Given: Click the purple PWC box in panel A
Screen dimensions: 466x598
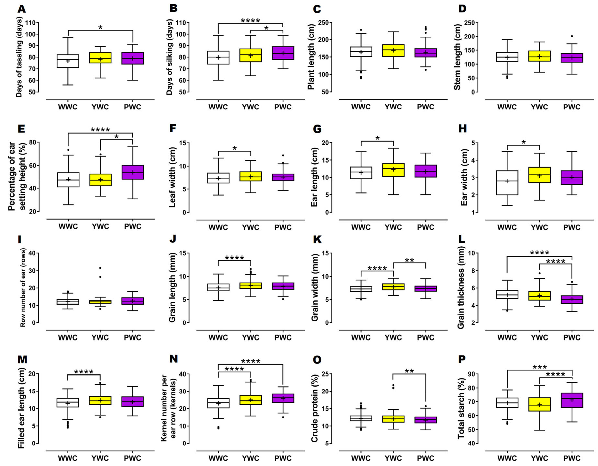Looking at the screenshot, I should point(133,58).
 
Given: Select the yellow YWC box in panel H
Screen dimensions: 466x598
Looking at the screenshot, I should point(539,175).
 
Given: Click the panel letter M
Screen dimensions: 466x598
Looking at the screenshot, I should point(22,359).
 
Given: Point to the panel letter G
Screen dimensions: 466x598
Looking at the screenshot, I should point(317,129).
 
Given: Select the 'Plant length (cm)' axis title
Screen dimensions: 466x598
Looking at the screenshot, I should point(311,57).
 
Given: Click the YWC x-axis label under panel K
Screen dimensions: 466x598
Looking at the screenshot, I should point(393,338).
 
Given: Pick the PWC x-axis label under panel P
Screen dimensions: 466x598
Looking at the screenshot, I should point(572,458).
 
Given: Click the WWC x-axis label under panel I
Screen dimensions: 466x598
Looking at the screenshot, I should point(68,338).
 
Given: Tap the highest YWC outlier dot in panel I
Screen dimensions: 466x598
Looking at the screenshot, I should point(100,268).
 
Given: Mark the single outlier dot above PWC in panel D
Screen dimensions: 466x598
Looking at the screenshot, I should point(572,36).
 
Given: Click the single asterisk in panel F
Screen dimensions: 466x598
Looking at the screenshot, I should point(234,149).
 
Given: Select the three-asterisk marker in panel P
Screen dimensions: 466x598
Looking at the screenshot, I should point(539,367).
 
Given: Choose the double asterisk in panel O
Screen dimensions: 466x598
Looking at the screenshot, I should point(409,371).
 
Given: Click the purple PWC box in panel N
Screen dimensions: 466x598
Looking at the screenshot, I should point(283,398).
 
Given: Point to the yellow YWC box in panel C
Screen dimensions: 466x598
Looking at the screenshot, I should point(393,51).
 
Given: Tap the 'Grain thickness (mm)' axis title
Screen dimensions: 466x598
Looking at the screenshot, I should point(461,287).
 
